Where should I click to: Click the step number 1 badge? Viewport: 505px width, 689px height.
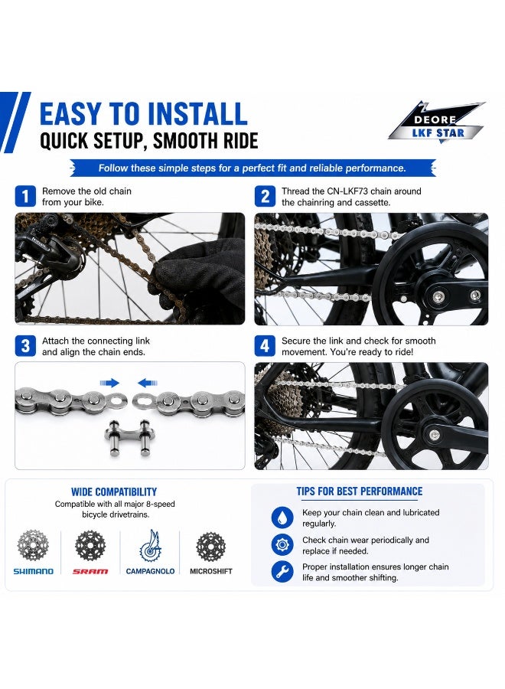pos(25,197)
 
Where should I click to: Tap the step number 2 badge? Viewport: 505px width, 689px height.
pos(265,197)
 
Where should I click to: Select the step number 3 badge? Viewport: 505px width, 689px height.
pos(25,346)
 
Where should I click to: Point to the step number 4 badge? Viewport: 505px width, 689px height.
pos(265,346)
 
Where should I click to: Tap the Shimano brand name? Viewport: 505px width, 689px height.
pos(34,571)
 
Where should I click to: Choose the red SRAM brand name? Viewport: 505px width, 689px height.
pos(90,571)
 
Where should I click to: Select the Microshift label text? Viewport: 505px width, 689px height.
pos(210,571)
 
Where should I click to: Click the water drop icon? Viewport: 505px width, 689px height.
pos(282,518)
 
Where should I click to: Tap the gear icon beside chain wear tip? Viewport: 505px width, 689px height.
pos(282,545)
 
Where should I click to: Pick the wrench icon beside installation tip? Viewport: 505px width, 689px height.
pos(282,572)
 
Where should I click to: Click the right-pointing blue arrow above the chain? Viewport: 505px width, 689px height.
pos(109,383)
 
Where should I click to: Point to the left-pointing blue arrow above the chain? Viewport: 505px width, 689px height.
pos(148,383)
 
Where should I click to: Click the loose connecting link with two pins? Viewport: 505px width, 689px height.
pos(128,437)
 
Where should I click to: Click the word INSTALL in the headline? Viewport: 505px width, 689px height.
pos(197,114)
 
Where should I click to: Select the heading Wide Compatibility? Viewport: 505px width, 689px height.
pos(114,491)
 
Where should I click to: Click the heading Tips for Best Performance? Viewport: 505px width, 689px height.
pos(359,491)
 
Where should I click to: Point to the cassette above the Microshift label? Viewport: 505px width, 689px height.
pos(210,546)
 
